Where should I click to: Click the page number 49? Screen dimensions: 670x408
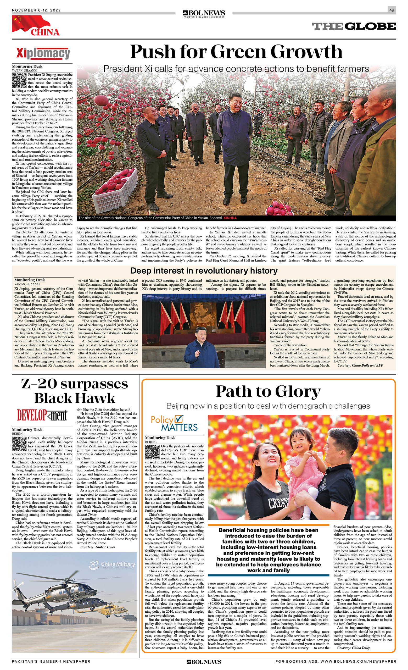coord(392,10)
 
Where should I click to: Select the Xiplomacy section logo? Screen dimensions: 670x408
coord(43,53)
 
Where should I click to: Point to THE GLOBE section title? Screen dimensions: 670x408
coord(354,26)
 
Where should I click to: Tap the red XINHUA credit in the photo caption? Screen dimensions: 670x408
coord(230,218)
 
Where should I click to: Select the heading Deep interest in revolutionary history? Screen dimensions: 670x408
coord(204,270)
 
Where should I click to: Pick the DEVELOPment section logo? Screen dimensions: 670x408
coord(42,415)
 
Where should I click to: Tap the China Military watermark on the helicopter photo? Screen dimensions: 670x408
coord(112,565)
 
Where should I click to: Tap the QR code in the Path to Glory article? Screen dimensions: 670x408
coord(152,452)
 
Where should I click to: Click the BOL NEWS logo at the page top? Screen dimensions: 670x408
coord(204,13)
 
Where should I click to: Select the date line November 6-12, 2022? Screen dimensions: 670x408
coord(36,10)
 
